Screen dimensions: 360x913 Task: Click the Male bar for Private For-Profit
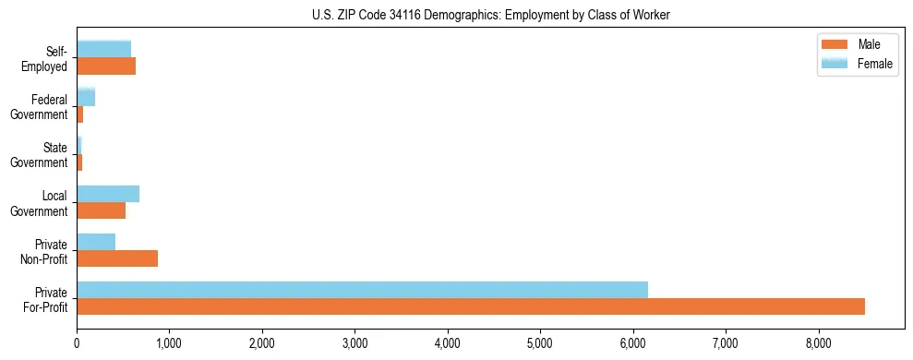pos(471,306)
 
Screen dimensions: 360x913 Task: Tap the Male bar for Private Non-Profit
pos(117,258)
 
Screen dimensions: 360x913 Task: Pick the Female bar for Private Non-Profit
pos(96,242)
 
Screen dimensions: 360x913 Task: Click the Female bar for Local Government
pos(108,194)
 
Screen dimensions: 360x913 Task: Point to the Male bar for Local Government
pos(101,210)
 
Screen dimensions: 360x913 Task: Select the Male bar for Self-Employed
pos(106,66)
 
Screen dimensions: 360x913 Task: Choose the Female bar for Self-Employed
pos(103,49)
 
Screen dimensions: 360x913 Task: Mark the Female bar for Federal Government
pos(86,98)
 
